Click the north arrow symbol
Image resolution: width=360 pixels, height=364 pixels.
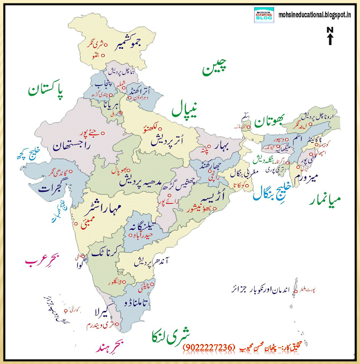click(330, 35)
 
